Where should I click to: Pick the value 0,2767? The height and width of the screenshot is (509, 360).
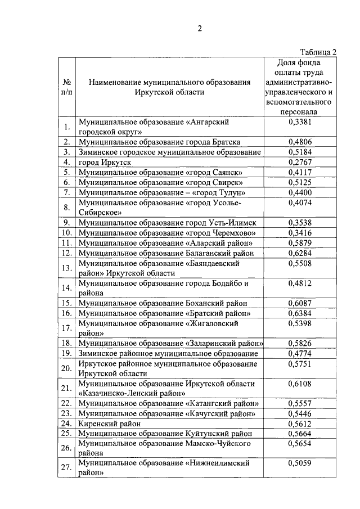(299, 162)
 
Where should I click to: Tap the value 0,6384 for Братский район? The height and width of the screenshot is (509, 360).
(299, 313)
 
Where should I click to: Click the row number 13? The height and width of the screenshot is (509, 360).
(66, 268)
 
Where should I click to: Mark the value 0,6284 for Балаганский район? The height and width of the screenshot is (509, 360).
(299, 253)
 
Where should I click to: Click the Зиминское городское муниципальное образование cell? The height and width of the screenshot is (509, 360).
(170, 152)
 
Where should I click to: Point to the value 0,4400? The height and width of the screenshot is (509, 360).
(299, 192)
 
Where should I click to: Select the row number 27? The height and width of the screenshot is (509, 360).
(66, 468)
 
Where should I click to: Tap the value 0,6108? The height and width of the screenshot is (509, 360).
(299, 384)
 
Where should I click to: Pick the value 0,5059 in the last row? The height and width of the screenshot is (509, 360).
(299, 463)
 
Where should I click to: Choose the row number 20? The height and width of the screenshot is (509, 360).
(66, 368)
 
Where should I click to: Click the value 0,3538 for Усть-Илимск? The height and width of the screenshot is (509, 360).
(299, 223)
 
